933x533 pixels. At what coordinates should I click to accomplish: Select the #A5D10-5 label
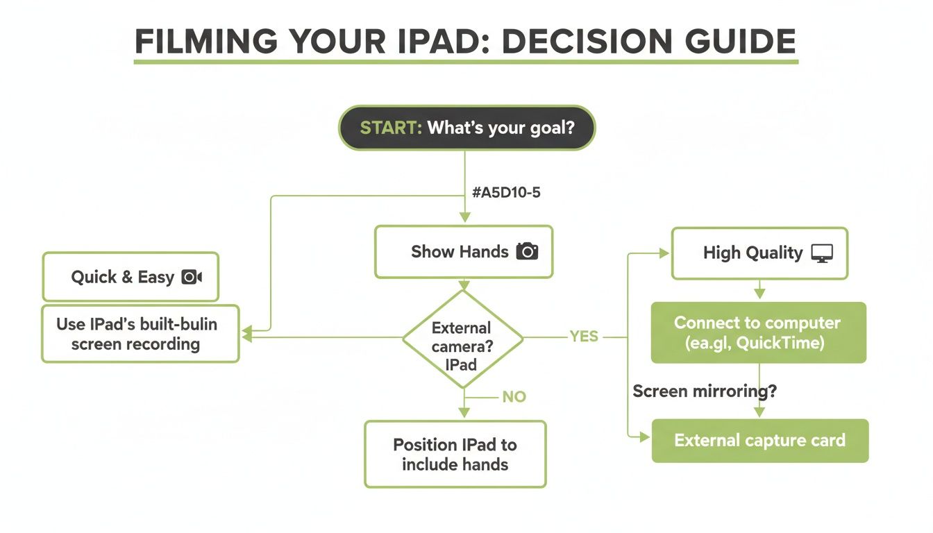coord(505,193)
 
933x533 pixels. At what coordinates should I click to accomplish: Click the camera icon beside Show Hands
coord(527,251)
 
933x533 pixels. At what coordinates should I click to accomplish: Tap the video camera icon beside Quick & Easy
coord(192,277)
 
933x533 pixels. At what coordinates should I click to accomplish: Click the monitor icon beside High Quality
coord(822,253)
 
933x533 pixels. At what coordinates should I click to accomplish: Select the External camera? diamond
coord(462,338)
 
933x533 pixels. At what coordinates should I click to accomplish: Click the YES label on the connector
coord(584,337)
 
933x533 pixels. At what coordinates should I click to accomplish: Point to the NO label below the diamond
coord(514,397)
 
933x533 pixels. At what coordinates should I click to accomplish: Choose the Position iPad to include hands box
coord(455,455)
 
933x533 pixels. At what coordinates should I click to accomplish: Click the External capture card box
coord(759,441)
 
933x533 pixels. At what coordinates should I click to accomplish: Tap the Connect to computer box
coord(758,332)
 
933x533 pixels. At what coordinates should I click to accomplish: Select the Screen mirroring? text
coord(705,391)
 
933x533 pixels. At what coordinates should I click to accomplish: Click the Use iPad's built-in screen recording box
coord(140,334)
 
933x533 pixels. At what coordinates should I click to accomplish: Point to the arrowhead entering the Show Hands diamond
coord(464,285)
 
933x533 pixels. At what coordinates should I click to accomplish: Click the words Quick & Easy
coord(122,277)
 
